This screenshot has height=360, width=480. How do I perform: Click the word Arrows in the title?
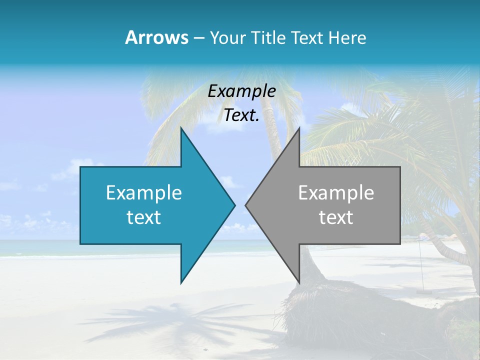tap(157, 37)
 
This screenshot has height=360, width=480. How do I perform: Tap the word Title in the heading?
tap(270, 38)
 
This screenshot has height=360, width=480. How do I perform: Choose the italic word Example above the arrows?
tap(242, 91)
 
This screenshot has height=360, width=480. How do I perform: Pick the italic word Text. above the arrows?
tap(242, 115)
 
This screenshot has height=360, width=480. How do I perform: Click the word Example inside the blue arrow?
tap(144, 193)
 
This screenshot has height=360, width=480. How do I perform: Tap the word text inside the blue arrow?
tap(144, 217)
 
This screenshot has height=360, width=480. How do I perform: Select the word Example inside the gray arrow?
tap(336, 193)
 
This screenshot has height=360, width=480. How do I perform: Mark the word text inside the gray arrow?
tap(336, 217)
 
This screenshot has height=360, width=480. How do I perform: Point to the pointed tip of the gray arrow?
tap(246, 205)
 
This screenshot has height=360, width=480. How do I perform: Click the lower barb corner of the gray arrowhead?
tap(299, 282)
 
